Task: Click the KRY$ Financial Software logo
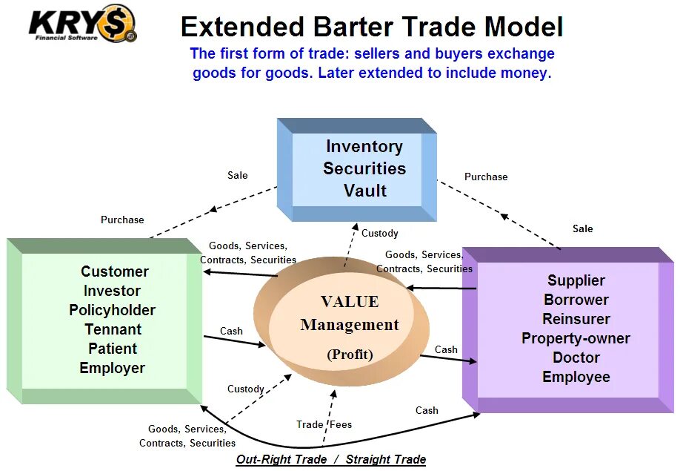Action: pos(81,24)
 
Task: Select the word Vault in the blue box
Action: pos(364,191)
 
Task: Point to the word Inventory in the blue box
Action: pos(364,147)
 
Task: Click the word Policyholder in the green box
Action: pos(112,310)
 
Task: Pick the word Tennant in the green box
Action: pos(113,329)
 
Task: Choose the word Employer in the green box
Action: pos(113,368)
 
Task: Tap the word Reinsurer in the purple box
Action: pos(576,319)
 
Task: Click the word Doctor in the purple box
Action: pos(576,358)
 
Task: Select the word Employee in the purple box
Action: pos(576,377)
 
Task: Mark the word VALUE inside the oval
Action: pos(350,302)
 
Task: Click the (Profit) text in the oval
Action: pos(350,355)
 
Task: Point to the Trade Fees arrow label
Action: pos(324,424)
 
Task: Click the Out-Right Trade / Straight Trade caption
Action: pos(331,460)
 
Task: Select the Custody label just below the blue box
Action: pos(380,233)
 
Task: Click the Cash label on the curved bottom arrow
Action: pos(427,410)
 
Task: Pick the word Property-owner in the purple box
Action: pos(576,338)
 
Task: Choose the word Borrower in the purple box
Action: pos(576,300)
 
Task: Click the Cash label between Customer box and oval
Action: pos(232,331)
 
